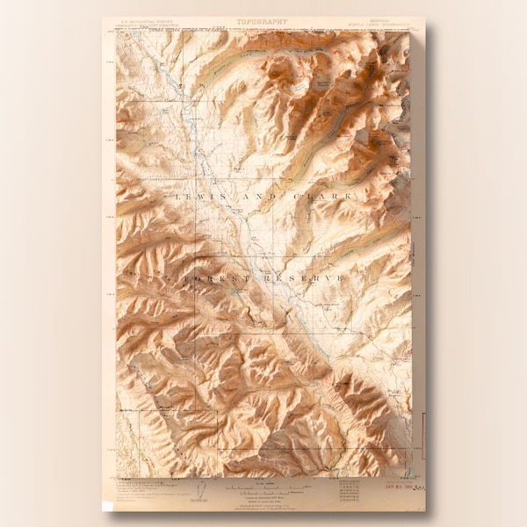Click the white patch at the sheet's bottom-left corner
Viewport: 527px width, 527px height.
[x=107, y=506]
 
